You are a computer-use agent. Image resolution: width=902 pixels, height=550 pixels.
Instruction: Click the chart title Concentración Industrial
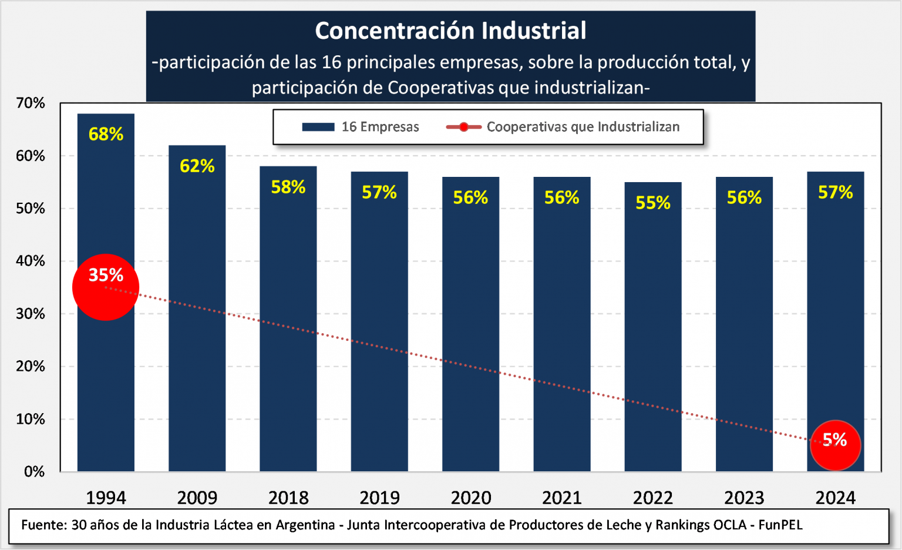pyautogui.click(x=450, y=31)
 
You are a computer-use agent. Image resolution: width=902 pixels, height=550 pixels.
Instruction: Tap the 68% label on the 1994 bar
pyautogui.click(x=106, y=134)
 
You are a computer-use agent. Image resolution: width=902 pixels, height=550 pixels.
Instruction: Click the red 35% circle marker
pyautogui.click(x=106, y=287)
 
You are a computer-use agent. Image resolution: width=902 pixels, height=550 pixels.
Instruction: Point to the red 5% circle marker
pyautogui.click(x=835, y=445)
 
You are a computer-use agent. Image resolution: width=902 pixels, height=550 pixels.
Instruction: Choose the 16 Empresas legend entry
pyautogui.click(x=361, y=127)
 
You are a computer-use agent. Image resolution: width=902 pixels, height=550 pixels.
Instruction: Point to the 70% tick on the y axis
pyautogui.click(x=31, y=103)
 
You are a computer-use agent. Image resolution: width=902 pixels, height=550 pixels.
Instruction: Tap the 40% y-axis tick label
pyautogui.click(x=31, y=261)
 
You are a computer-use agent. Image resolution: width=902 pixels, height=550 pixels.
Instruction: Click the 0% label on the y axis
pyautogui.click(x=35, y=471)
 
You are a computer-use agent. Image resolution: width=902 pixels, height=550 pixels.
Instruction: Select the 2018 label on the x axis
pyautogui.click(x=288, y=498)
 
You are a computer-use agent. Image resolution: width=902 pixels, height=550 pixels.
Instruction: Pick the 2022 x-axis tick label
pyautogui.click(x=653, y=498)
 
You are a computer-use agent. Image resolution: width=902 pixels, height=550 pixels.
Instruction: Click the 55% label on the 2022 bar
pyautogui.click(x=653, y=203)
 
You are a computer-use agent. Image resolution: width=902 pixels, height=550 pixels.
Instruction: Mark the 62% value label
pyautogui.click(x=197, y=166)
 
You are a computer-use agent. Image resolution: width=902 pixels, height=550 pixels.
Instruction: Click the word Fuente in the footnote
pyautogui.click(x=43, y=525)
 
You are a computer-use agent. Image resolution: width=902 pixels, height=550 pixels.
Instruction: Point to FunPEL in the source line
pyautogui.click(x=780, y=525)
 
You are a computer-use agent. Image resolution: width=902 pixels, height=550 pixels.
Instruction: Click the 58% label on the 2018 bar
pyautogui.click(x=288, y=187)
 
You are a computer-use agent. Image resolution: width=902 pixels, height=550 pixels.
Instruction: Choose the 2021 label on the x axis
pyautogui.click(x=562, y=498)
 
